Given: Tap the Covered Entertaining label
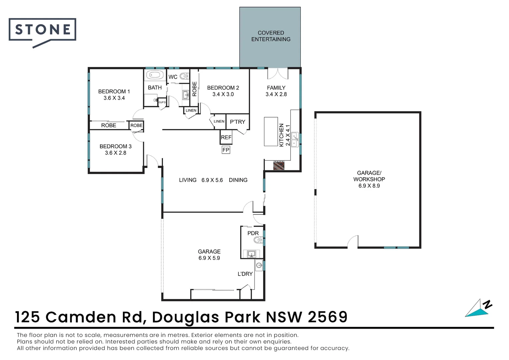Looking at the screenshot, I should point(270,36).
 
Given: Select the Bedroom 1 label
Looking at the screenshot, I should point(114,91).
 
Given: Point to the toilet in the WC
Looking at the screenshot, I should point(184,76).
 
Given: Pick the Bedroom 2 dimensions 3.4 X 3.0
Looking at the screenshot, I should point(223,94).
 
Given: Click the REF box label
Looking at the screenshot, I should point(226,137).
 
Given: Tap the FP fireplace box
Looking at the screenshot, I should point(226,150).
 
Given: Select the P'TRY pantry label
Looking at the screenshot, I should point(237,122).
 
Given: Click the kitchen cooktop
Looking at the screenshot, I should point(279,165).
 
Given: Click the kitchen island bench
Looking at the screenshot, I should point(271,131).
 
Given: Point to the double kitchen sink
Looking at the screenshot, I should point(295,140).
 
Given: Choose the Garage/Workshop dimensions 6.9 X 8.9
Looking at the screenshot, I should point(369,186).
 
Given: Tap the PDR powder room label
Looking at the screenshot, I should point(253,233).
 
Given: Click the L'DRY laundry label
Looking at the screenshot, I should point(245,274).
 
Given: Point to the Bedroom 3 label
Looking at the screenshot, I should point(115,146).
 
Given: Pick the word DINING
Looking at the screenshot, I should point(238,180).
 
